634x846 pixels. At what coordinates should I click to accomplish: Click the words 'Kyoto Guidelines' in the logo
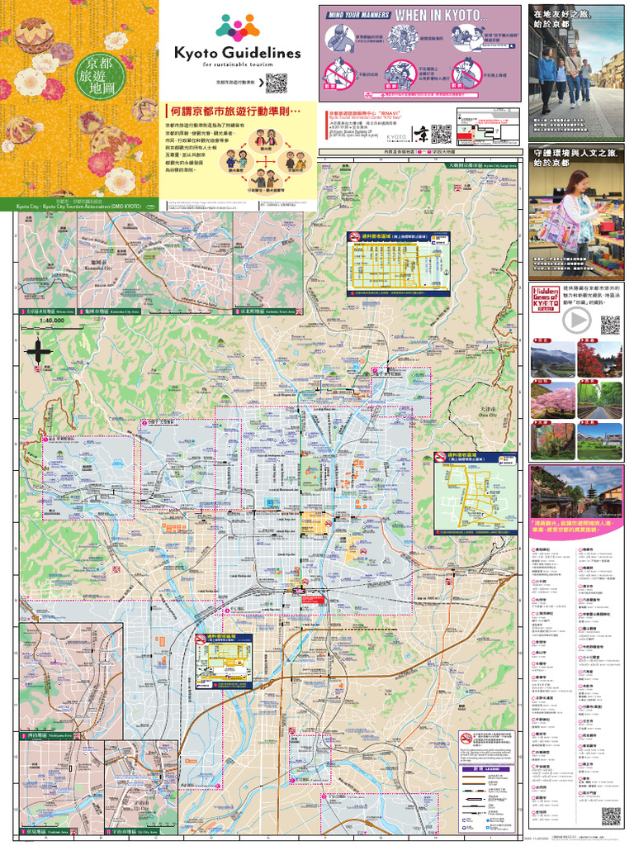pos(237,52)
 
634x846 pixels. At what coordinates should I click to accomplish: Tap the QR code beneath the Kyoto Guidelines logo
pos(276,83)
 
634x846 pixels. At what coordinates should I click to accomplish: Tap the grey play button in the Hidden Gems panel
pos(575,321)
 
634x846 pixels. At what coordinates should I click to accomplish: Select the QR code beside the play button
pos(610,325)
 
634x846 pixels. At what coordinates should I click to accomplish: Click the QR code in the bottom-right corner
pos(611,816)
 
